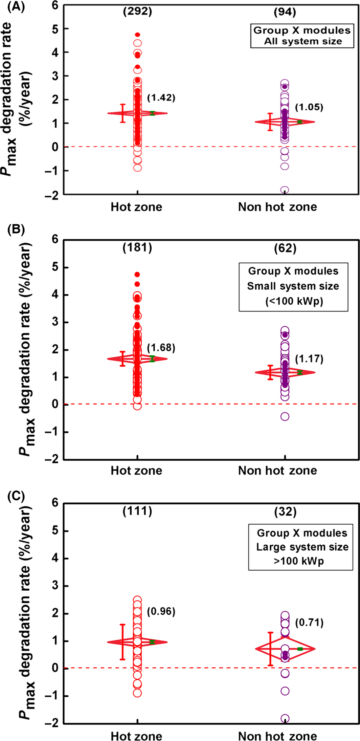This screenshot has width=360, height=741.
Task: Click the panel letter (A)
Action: pos(16,6)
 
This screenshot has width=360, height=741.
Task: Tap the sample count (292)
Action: pos(137,12)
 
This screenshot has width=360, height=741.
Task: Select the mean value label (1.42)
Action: pos(161,98)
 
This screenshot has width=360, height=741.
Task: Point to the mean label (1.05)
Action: pos(309,107)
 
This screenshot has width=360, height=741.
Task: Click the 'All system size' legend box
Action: pos(302,36)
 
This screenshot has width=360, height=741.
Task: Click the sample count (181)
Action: pos(137,248)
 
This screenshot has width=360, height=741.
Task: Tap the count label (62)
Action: pos(285,248)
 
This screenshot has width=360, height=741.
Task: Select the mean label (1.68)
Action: pos(161,348)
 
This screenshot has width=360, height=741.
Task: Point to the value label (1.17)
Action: pos(309,359)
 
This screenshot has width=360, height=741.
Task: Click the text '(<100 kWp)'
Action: pos(294,301)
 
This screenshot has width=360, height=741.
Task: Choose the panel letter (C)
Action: pos(16,496)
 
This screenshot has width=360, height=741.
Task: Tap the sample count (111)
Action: pos(137,511)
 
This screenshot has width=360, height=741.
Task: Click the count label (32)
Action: pos(285,512)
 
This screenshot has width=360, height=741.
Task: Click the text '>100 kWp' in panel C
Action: pos(299,561)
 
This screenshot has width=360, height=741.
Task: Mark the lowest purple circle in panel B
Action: pos(285,416)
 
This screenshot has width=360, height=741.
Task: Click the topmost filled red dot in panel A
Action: pos(137,35)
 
